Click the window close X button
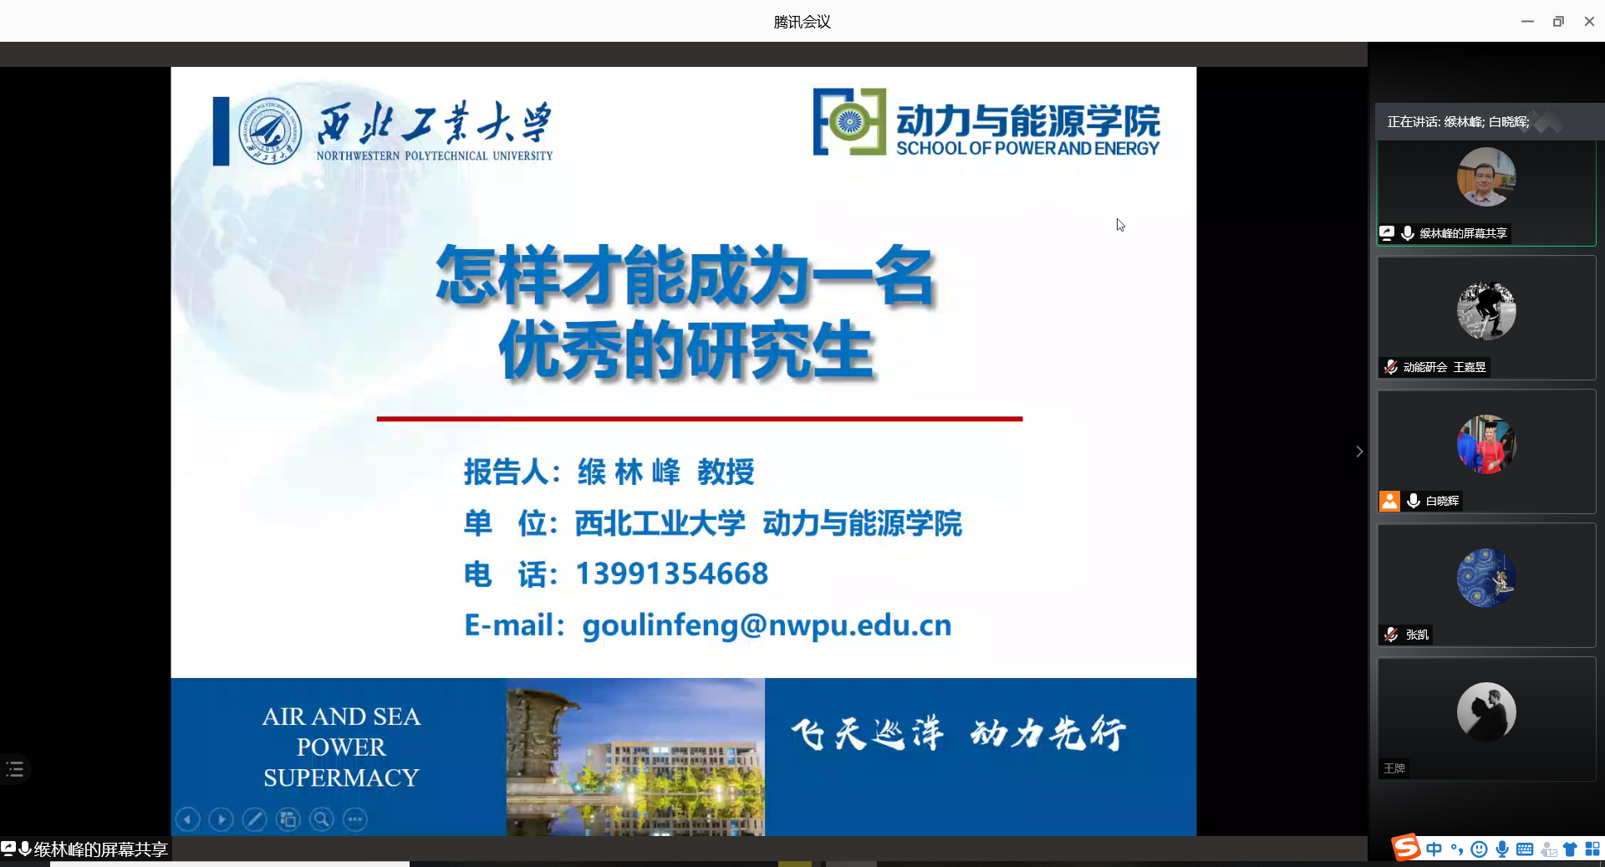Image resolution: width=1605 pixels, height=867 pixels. coord(1589,22)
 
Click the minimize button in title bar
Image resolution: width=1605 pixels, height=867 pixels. coord(1527,22)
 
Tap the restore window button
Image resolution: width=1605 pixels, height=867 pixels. coord(1558,22)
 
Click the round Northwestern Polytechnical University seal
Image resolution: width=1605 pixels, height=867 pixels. coord(270,131)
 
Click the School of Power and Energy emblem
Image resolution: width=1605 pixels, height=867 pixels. coord(849,122)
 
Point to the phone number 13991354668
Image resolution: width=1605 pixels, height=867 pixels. coord(672,574)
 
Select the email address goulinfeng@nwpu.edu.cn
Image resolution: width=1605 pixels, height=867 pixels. coord(767,625)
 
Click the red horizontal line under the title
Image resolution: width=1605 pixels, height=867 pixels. coord(700,419)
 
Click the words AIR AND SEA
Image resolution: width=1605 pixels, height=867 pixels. coord(341,717)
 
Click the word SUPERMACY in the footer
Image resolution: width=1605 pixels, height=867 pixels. coord(341,778)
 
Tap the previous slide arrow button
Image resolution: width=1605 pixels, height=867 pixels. coord(188,819)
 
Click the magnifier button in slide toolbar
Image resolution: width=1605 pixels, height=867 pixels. coord(322,819)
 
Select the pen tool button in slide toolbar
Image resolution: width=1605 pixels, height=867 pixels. coord(255,819)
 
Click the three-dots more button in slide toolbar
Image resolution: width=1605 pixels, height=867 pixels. coord(355,819)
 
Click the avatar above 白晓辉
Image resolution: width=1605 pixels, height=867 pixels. coord(1486,444)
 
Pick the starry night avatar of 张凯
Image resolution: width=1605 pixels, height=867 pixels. coord(1486,578)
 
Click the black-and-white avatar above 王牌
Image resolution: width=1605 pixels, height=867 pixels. coord(1486,711)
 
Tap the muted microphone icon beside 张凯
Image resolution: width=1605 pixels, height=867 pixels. coord(1391,635)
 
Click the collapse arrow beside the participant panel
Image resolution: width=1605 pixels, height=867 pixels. coord(1359,451)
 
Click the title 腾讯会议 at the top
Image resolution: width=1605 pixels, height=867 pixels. coord(802,22)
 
